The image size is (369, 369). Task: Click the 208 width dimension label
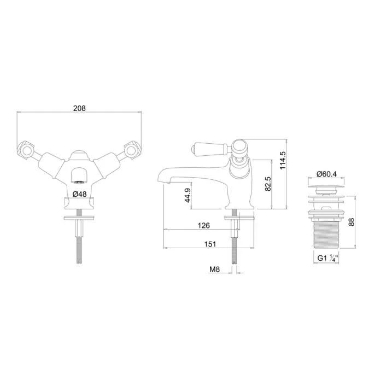[x=80, y=108]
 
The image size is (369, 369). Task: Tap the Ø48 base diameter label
[x=80, y=194]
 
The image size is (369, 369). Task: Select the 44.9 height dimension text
[x=188, y=195]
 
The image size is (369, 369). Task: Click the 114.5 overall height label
[x=283, y=160]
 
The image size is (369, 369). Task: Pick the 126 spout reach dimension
[x=203, y=225]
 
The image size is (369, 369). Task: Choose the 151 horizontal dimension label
[x=210, y=244]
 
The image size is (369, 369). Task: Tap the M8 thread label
[x=214, y=269]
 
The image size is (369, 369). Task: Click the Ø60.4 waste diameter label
[x=327, y=174]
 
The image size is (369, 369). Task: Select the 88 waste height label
[x=352, y=222]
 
